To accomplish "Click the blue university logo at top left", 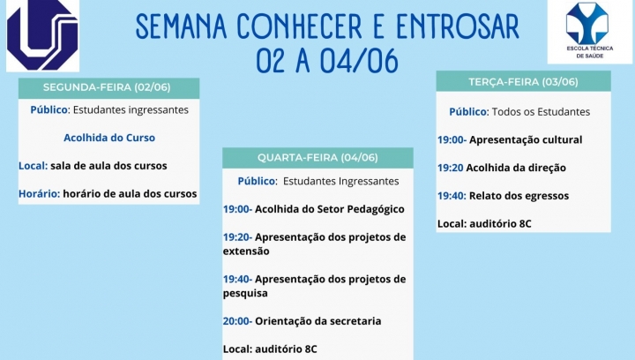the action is point(42,35).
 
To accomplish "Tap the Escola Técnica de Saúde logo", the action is point(590,32).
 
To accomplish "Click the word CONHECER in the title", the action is point(299,27).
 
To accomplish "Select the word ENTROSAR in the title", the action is point(457,27).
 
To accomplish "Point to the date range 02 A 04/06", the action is point(327,62).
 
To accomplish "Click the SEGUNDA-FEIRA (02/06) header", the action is point(107,87).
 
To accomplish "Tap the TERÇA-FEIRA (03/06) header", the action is point(523,82).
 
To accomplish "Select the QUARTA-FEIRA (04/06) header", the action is point(317,158).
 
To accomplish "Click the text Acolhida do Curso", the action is point(109,138).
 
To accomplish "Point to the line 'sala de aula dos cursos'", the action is point(108,166).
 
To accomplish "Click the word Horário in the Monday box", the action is point(40,193).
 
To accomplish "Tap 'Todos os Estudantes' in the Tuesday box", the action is point(541,112).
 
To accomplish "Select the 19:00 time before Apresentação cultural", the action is point(452,139).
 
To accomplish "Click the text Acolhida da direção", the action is point(516,168).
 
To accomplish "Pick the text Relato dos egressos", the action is point(519,196).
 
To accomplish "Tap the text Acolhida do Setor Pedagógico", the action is point(330,209).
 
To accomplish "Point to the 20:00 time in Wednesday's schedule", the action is point(238,321).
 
